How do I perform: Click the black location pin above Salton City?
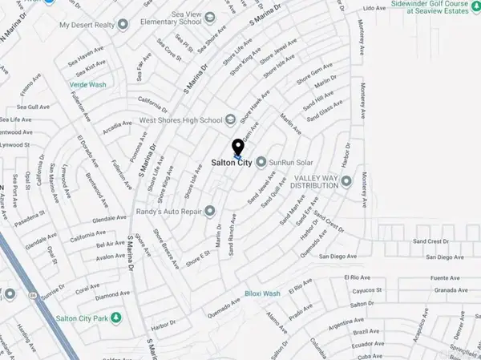pyautogui.click(x=237, y=148)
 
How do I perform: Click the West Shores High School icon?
pyautogui.click(x=231, y=120)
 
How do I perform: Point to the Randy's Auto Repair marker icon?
pyautogui.click(x=210, y=212)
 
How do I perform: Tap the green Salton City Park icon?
pyautogui.click(x=117, y=319)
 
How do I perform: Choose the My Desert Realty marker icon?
pyautogui.click(x=123, y=25)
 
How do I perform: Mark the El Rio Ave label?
pyautogui.click(x=357, y=277)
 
